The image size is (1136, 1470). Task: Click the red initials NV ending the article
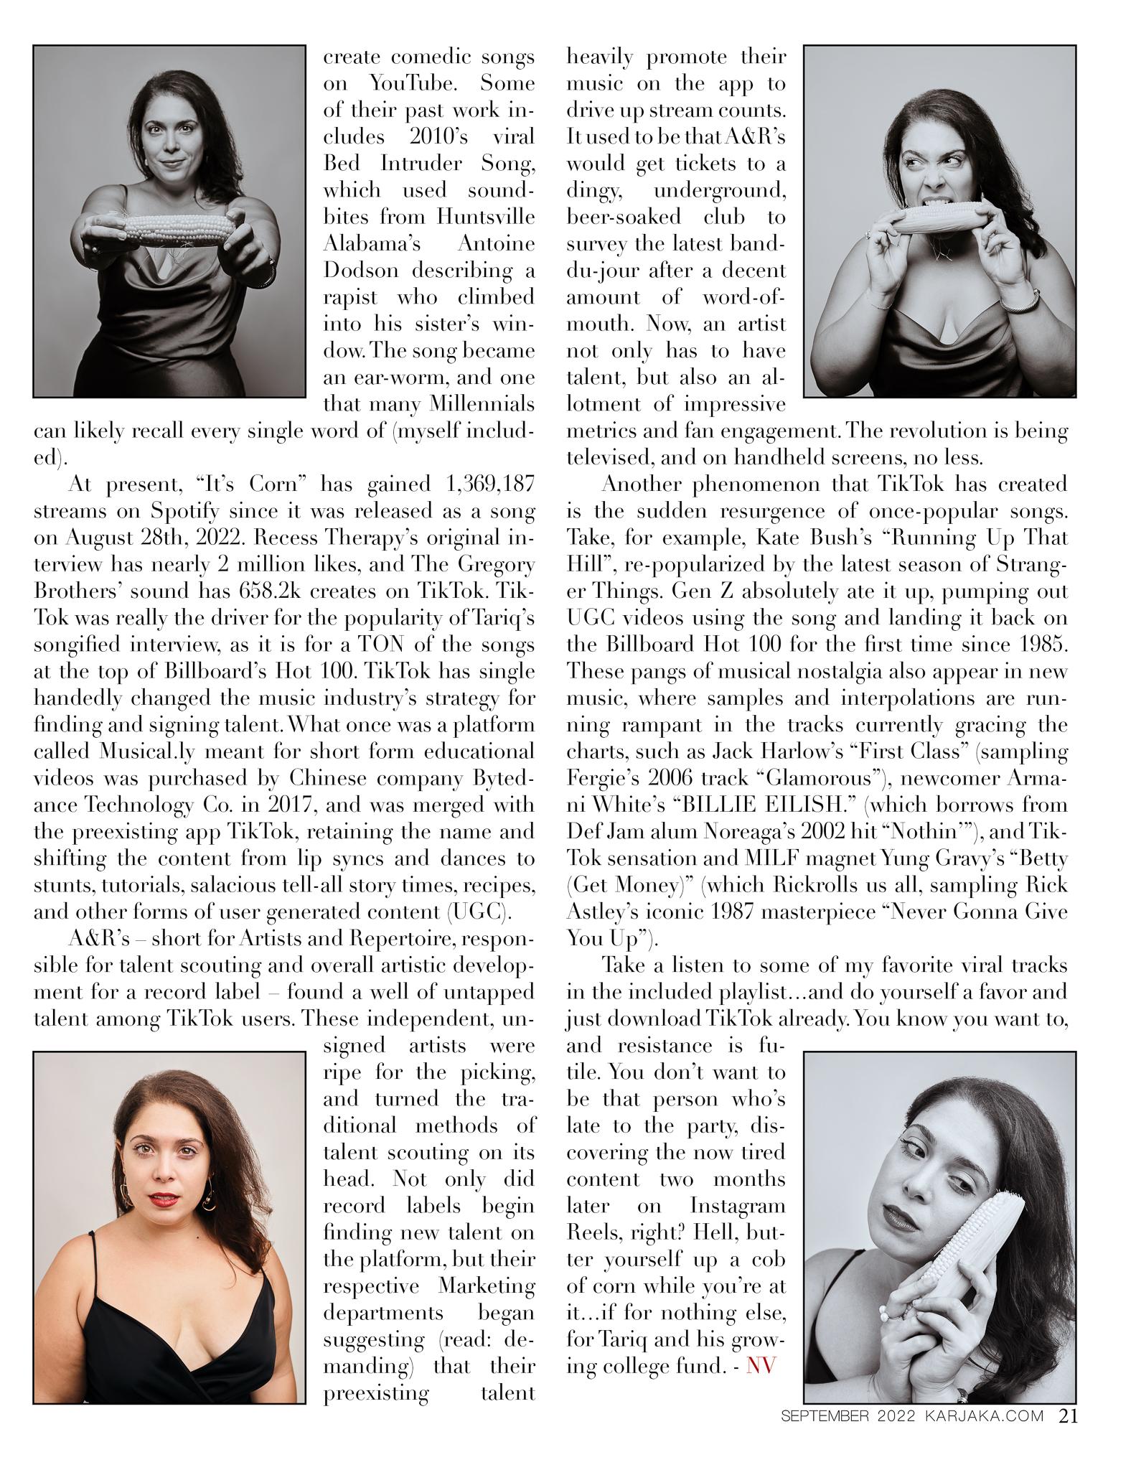click(761, 1365)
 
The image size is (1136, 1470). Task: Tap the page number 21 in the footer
click(1068, 1415)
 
